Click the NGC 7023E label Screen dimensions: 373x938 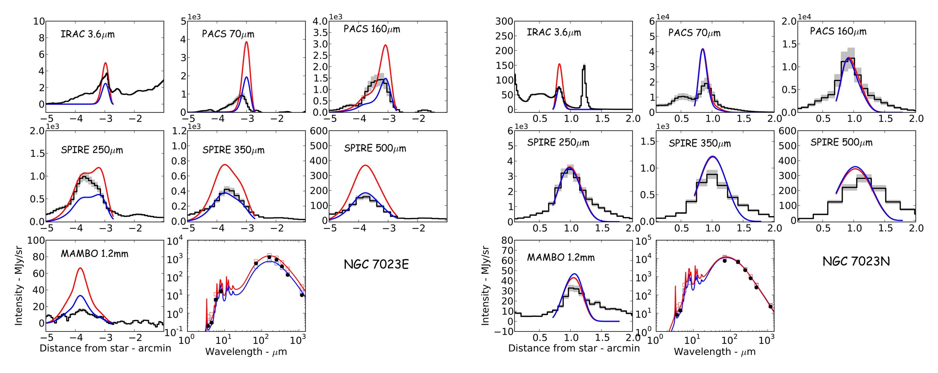pos(376,264)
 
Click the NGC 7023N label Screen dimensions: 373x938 pos(856,261)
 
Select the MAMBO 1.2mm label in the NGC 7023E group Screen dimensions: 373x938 pos(94,254)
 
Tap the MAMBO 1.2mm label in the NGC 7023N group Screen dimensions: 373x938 pos(561,258)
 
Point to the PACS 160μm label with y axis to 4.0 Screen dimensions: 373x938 pos(372,29)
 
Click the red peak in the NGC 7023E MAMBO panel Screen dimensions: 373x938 pos(80,269)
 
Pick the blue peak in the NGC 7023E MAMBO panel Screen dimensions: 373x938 pos(80,296)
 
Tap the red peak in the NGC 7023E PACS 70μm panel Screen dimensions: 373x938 pos(246,42)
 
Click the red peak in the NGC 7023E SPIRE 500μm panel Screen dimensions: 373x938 pos(365,166)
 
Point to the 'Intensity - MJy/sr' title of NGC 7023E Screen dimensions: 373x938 pos(18,286)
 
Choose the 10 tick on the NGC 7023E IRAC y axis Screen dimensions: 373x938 pos(39,22)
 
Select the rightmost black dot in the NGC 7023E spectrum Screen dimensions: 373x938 pos(301,295)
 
